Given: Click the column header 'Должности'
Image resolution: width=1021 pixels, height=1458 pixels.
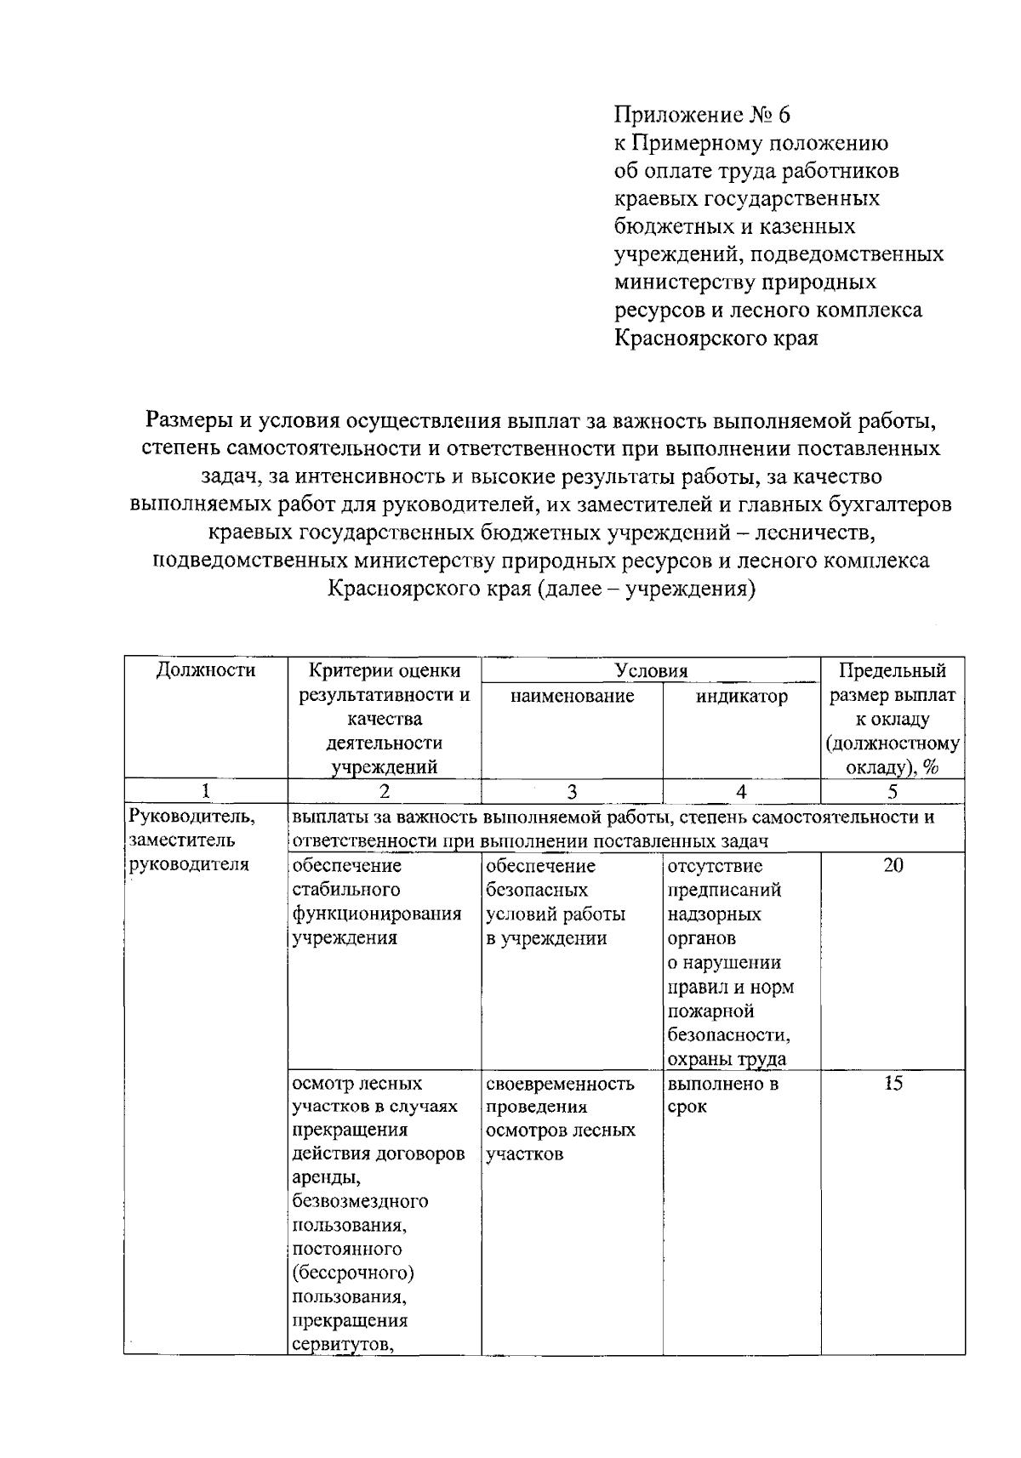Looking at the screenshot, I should [206, 670].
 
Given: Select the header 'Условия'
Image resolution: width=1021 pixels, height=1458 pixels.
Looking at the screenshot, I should [651, 671].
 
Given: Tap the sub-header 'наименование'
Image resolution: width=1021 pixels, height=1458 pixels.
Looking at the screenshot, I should [572, 697].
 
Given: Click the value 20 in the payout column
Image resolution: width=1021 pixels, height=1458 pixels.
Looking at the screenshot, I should [893, 866].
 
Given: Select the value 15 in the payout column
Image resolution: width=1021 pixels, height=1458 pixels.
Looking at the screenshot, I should [893, 1084].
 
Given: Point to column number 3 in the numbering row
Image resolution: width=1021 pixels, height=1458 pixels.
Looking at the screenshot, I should [572, 791].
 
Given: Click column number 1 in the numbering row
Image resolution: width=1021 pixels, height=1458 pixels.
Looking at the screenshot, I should [206, 791].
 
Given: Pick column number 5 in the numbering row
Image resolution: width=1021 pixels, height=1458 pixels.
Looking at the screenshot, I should [893, 791].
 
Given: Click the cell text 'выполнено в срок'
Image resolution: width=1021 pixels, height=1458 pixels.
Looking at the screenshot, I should [723, 1096].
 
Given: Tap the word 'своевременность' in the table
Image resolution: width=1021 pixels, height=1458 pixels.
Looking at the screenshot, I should [560, 1084].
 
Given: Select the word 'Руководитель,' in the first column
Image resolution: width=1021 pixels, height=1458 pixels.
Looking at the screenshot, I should [191, 817].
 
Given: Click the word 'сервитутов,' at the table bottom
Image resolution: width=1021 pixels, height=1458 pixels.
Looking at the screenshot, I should [341, 1345].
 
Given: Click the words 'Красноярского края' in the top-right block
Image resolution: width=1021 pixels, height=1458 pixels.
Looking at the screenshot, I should [716, 339].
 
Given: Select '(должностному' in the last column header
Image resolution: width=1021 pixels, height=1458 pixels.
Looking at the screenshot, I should [893, 744].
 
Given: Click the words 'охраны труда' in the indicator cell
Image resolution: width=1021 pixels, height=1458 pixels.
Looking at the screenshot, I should [727, 1059].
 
